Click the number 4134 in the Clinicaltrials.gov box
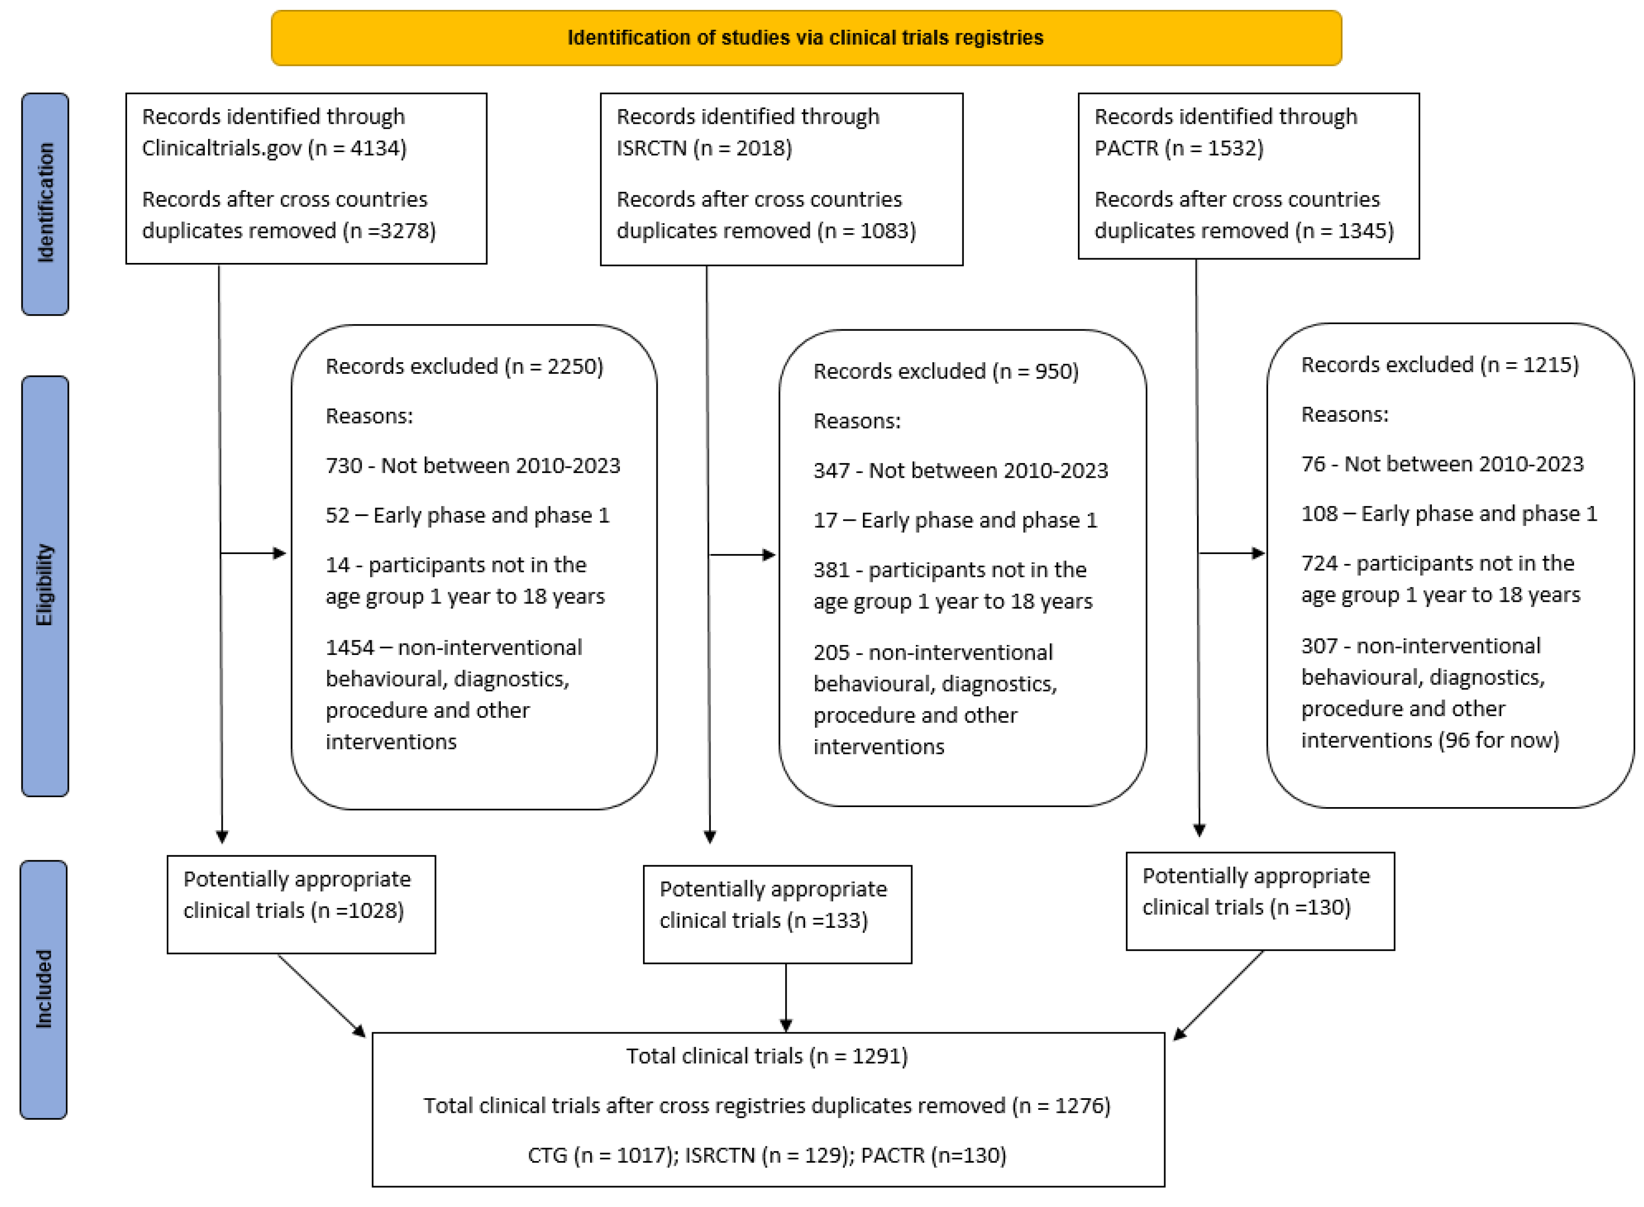377,148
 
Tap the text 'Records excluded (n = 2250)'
464,366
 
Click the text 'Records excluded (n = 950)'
946,371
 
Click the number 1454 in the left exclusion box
349,647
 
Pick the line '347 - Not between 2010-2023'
960,470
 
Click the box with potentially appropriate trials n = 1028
301,904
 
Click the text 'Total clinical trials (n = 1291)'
766,1056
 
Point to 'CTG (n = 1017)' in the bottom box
602,1155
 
